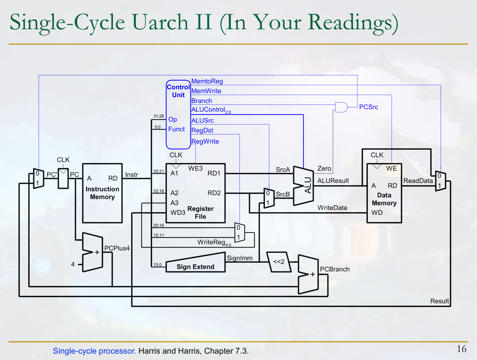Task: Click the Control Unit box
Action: [x=178, y=114]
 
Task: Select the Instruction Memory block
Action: [x=102, y=193]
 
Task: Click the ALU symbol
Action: [x=303, y=186]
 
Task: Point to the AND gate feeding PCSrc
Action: [x=341, y=107]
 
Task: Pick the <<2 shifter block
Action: [x=279, y=262]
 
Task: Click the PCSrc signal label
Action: [x=368, y=107]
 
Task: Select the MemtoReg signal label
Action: [x=207, y=81]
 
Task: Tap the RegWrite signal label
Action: [x=205, y=141]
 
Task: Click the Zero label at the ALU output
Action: [x=324, y=168]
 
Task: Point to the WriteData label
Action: [x=332, y=208]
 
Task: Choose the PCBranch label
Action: [x=335, y=269]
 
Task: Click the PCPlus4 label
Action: [x=117, y=248]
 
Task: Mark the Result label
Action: [x=440, y=301]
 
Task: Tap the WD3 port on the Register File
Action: [x=178, y=213]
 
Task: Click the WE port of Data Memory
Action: [x=391, y=168]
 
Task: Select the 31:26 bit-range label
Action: [x=158, y=116]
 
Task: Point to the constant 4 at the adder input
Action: [x=73, y=264]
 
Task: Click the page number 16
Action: [x=461, y=349]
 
